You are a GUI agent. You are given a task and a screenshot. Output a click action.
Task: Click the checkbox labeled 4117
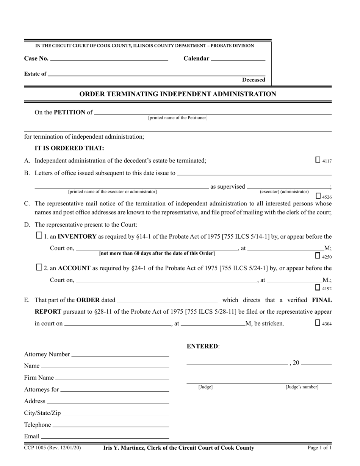point(318,160)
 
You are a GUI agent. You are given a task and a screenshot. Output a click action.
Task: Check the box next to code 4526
point(318,196)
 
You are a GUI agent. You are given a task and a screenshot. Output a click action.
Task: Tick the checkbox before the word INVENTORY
point(39,235)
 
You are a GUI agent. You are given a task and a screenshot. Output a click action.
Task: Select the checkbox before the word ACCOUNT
point(39,267)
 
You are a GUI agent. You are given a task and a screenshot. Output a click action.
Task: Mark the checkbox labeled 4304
point(318,323)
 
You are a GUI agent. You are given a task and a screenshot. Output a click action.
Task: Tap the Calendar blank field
point(238,59)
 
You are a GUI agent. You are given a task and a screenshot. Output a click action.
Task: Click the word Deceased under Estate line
point(254,80)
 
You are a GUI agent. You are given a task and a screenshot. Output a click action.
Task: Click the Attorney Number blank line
point(120,355)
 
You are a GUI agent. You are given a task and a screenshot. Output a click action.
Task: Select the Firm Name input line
point(112,378)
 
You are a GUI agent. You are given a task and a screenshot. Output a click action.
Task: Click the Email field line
point(105,437)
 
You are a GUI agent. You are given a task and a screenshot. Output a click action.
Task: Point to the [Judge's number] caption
point(302,387)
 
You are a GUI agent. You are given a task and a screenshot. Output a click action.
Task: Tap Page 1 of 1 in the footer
point(319,448)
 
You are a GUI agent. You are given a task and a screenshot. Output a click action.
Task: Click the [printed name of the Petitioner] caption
point(178,118)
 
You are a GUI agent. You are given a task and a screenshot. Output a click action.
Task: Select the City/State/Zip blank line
point(116,414)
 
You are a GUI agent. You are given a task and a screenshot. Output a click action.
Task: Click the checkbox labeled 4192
point(318,287)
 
